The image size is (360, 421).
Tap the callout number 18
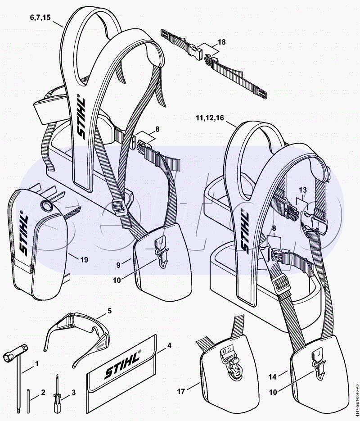(221, 42)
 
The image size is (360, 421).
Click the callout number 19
(84, 260)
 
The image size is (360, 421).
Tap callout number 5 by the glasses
(109, 310)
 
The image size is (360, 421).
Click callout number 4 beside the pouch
(169, 345)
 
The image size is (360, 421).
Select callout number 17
(181, 392)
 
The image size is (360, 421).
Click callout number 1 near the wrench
(37, 363)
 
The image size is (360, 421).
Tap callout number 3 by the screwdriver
(73, 393)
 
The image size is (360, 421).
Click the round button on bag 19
(46, 207)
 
